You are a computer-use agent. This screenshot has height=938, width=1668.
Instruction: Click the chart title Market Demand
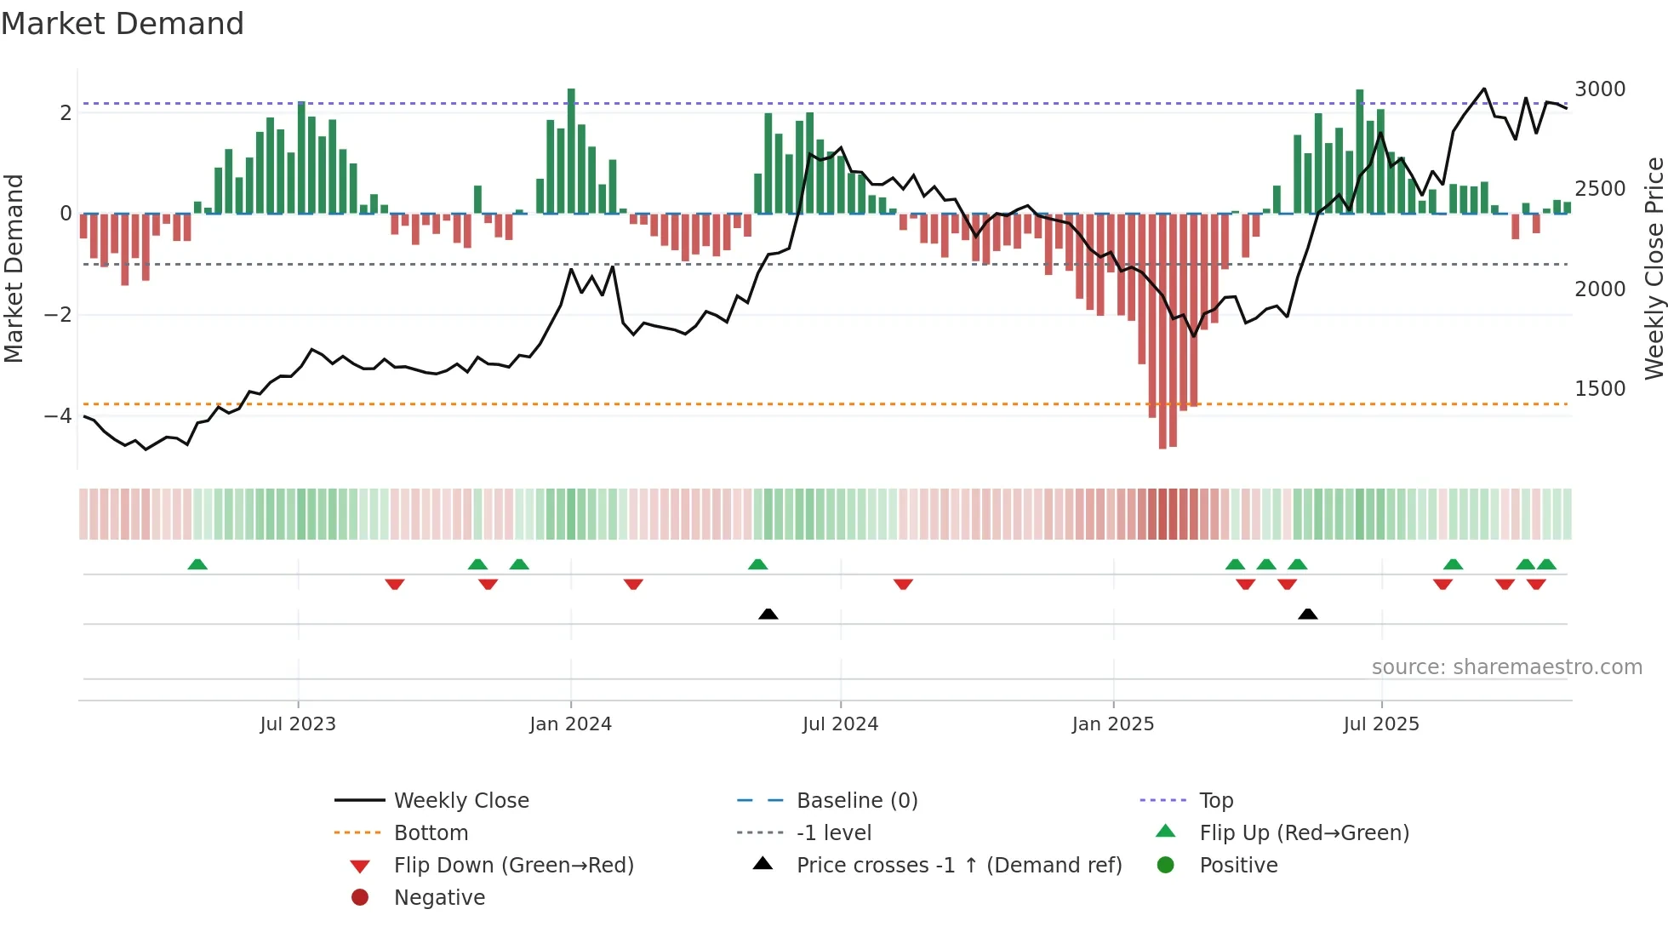(x=123, y=24)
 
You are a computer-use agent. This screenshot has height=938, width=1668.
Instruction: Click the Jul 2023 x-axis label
(x=298, y=724)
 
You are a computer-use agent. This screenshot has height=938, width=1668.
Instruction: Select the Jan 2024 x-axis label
(x=570, y=724)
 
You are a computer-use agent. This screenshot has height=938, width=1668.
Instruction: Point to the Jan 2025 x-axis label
(x=1113, y=724)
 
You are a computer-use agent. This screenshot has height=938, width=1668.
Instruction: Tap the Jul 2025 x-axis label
(x=1381, y=724)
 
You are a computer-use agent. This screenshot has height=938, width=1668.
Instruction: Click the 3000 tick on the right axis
(x=1600, y=89)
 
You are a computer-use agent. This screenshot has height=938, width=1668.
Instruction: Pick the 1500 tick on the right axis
(x=1600, y=389)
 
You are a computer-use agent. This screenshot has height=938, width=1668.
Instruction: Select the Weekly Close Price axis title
(x=1654, y=268)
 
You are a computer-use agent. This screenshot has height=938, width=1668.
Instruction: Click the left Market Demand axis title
(x=14, y=268)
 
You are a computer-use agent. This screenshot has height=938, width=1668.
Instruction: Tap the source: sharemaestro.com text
(x=1506, y=667)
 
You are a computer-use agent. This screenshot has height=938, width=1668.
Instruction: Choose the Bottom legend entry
(x=431, y=833)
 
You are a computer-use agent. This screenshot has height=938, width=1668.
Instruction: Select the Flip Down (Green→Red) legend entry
(x=513, y=866)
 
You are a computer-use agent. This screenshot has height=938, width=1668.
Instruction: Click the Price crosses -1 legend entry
(x=958, y=866)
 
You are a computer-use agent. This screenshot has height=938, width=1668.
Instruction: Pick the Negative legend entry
(x=439, y=898)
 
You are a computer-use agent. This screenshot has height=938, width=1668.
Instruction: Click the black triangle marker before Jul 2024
(x=768, y=614)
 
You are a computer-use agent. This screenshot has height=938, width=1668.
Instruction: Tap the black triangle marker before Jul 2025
(x=1308, y=614)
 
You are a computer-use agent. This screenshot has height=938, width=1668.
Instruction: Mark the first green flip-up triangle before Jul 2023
(x=197, y=564)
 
